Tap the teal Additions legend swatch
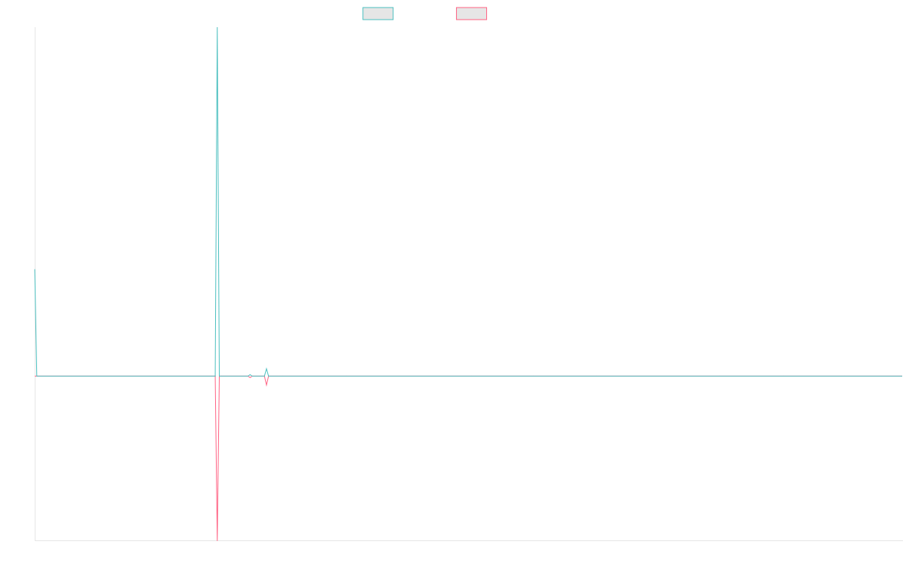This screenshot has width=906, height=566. [x=378, y=14]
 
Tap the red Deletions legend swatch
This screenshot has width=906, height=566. [x=471, y=14]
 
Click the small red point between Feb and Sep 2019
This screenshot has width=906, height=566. [x=250, y=376]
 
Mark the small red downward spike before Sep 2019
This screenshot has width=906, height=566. [x=267, y=383]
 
